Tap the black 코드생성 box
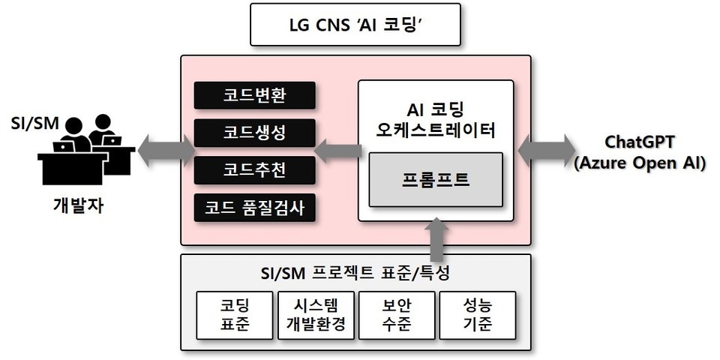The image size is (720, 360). pyautogui.click(x=254, y=133)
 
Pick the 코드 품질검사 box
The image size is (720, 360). pyautogui.click(x=254, y=208)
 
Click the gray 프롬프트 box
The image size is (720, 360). pyautogui.click(x=436, y=180)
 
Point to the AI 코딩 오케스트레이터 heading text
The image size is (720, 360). pyautogui.click(x=436, y=120)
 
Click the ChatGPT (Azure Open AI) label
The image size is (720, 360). pyautogui.click(x=639, y=153)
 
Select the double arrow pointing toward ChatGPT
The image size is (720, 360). pyautogui.click(x=546, y=147)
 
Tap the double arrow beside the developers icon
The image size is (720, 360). pyautogui.click(x=161, y=147)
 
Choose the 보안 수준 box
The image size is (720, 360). pyautogui.click(x=395, y=315)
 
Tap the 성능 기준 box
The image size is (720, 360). pyautogui.click(x=477, y=315)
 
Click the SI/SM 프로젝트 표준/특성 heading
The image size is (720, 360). pyautogui.click(x=355, y=271)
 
